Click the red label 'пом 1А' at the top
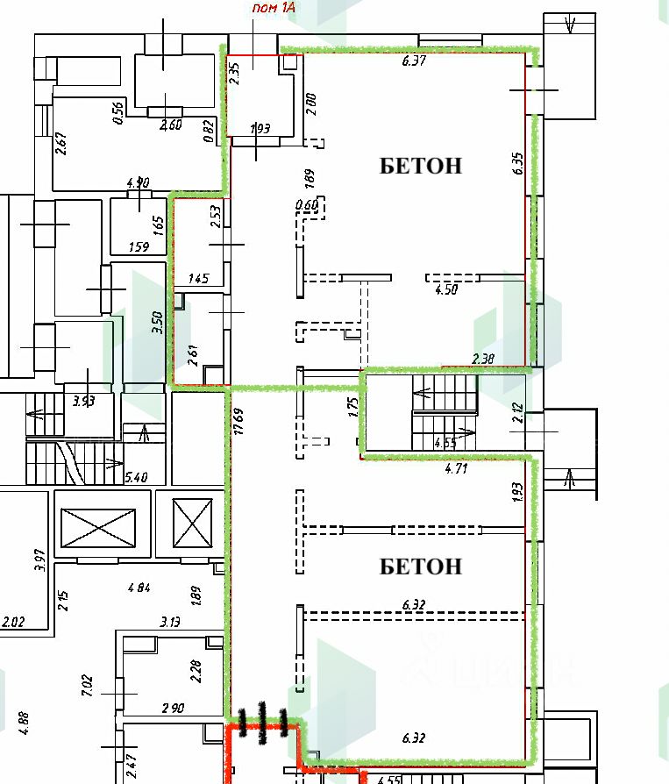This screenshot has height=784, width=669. [x=274, y=9]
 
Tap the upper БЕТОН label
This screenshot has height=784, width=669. [x=420, y=166]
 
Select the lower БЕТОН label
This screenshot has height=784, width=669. [x=420, y=567]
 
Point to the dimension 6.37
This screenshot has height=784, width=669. [x=414, y=61]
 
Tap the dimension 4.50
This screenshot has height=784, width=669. [x=446, y=290]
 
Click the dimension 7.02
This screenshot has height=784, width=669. [x=88, y=684]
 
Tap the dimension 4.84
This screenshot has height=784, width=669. [x=139, y=587]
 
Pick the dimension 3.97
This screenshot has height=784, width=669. [x=38, y=560]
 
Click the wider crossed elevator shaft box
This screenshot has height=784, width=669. [x=98, y=524]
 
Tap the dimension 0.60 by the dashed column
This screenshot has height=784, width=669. [x=307, y=205]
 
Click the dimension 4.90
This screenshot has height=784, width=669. [x=138, y=183]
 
